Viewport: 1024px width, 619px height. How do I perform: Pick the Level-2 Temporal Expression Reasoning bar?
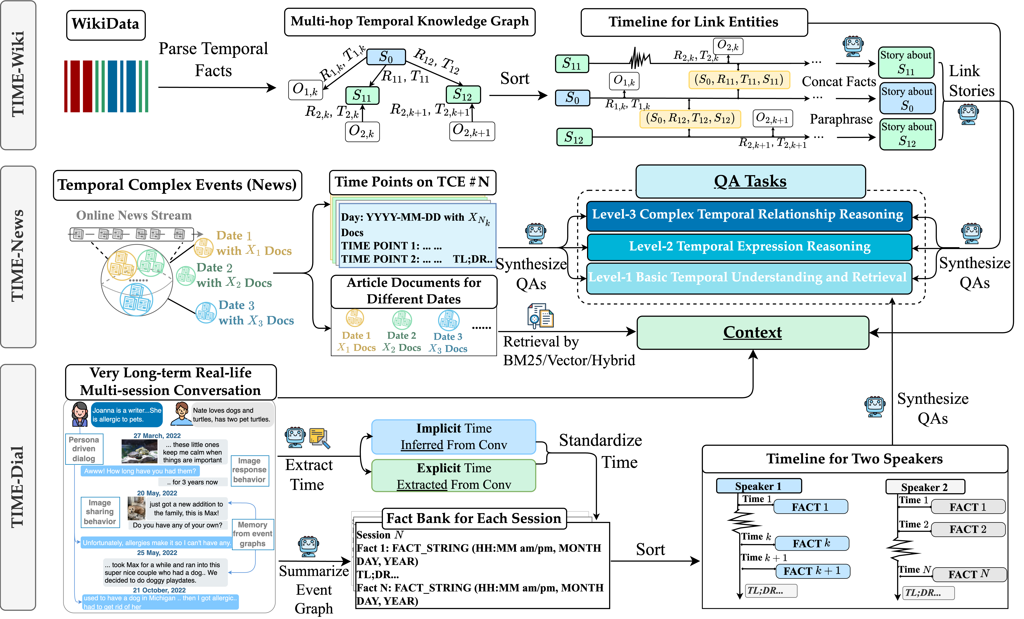pyautogui.click(x=749, y=247)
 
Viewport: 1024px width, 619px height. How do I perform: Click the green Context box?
pyautogui.click(x=753, y=332)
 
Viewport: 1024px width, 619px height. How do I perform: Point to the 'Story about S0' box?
pyautogui.click(x=907, y=99)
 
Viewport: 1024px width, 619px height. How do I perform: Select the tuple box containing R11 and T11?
pyautogui.click(x=739, y=80)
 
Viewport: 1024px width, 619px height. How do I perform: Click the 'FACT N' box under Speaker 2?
pyautogui.click(x=969, y=574)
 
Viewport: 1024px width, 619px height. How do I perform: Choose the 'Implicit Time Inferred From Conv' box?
pyautogui.click(x=453, y=437)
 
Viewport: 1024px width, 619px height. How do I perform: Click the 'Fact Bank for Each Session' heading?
pyautogui.click(x=474, y=518)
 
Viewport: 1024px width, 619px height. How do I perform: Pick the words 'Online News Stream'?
pyautogui.click(x=134, y=215)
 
